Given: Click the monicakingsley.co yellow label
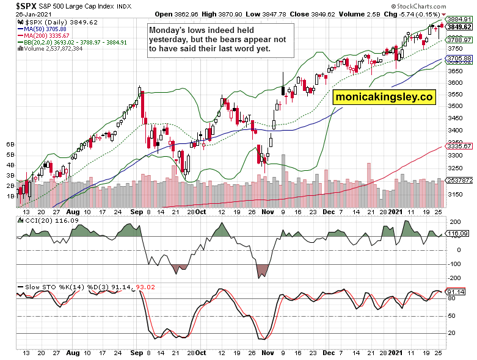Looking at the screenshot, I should (x=384, y=96).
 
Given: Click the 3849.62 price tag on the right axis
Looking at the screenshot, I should (x=459, y=27).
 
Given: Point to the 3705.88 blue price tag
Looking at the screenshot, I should (x=459, y=59).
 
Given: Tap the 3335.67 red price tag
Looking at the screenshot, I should (x=459, y=146).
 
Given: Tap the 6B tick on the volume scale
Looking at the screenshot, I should (x=10, y=144).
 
